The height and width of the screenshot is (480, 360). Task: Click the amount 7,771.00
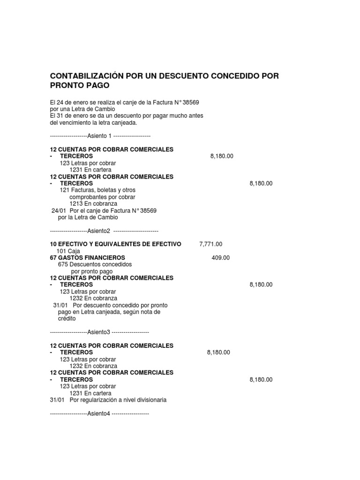[x=210, y=244]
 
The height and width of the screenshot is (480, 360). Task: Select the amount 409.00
[x=220, y=257]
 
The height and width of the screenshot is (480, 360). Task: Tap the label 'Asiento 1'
[x=100, y=136]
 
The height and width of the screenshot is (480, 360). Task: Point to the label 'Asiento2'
[x=98, y=231]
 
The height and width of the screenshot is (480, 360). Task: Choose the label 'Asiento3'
[x=98, y=332]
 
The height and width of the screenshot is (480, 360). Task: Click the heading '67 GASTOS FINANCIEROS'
[x=87, y=257]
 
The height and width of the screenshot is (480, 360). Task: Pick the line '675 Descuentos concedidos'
[x=95, y=264]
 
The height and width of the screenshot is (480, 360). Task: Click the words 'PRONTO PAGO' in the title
[x=79, y=86]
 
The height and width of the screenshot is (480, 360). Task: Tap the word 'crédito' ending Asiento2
[x=67, y=318]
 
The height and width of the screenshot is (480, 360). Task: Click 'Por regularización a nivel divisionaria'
[x=118, y=400]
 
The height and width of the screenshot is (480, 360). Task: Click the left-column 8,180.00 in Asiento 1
[x=222, y=156]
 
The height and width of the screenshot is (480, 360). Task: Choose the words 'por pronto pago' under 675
[x=92, y=271]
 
